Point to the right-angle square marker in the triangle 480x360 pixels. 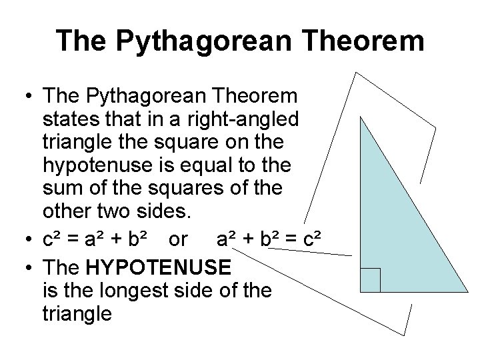370,280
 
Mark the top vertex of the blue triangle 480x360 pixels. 360,118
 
